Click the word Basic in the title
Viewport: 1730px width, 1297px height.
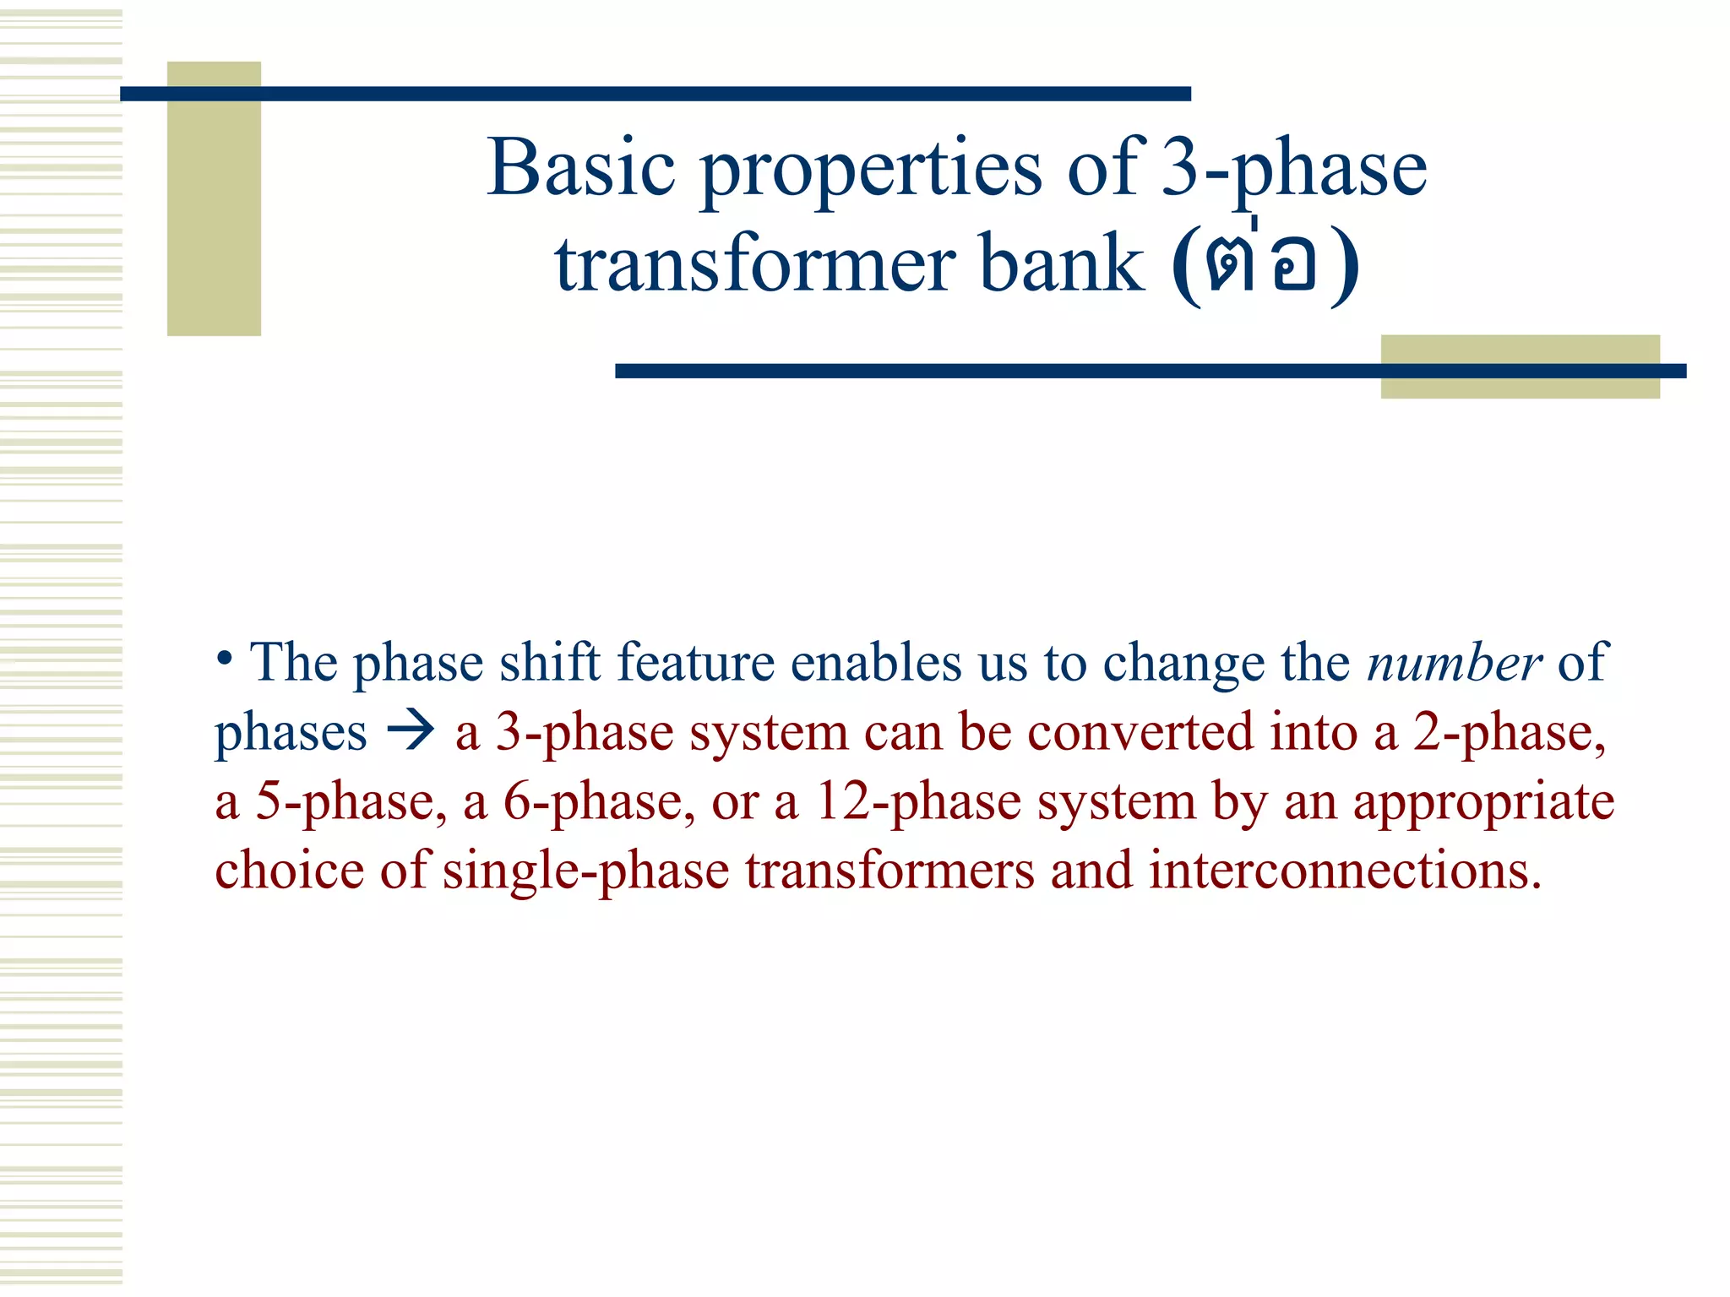pyautogui.click(x=581, y=168)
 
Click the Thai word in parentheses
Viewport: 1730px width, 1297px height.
pyautogui.click(x=1264, y=265)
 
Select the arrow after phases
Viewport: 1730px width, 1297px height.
pyautogui.click(x=411, y=730)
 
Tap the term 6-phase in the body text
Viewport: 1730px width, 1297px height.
pyautogui.click(x=599, y=802)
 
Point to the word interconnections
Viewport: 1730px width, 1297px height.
pyautogui.click(x=1345, y=870)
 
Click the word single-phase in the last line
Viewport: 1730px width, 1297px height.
pyautogui.click(x=585, y=871)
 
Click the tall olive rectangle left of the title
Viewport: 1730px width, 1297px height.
pyautogui.click(x=214, y=198)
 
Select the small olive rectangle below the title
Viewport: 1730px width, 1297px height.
pyautogui.click(x=1519, y=366)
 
